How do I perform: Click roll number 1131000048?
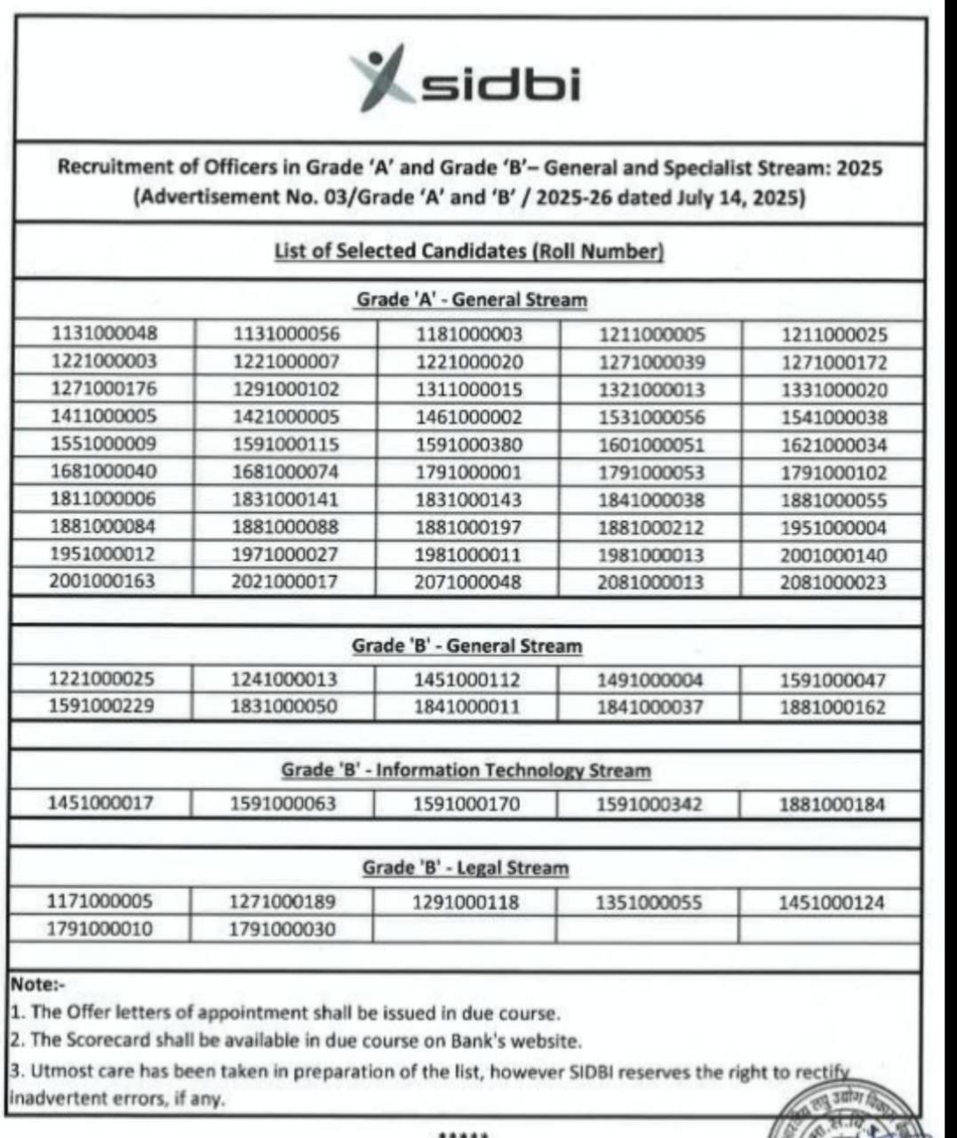click(x=104, y=333)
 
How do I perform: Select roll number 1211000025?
click(x=833, y=335)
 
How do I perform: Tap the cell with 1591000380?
click(x=469, y=445)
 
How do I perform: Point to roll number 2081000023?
click(x=833, y=582)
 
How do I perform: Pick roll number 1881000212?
click(x=650, y=527)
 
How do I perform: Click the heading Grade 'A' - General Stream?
click(x=471, y=300)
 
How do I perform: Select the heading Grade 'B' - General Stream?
click(x=467, y=645)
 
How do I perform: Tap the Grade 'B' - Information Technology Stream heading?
click(x=466, y=770)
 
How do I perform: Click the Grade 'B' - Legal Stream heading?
click(x=465, y=868)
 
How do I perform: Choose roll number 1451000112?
click(x=467, y=680)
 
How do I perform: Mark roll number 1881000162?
click(x=833, y=708)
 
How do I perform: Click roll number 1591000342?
click(x=649, y=805)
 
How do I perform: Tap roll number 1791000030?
click(x=283, y=929)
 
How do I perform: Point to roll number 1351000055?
click(x=649, y=902)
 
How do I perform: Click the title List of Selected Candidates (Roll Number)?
click(x=469, y=251)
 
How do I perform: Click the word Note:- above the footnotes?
click(x=37, y=984)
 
